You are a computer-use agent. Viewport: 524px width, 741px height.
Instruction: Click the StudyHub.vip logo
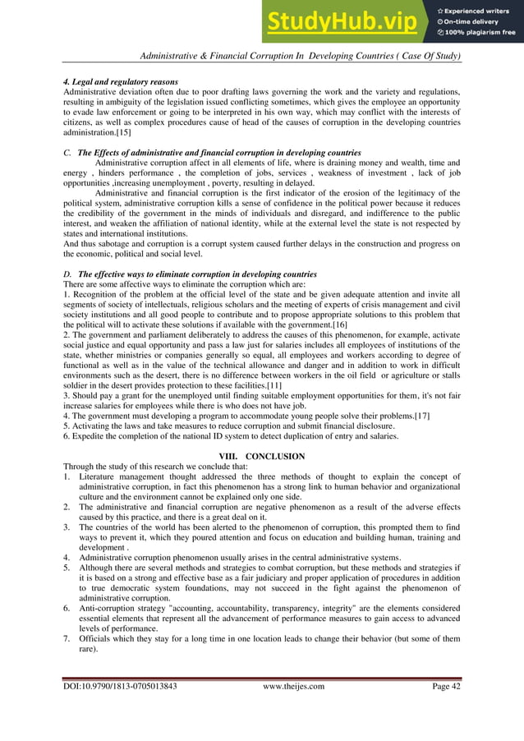(x=345, y=22)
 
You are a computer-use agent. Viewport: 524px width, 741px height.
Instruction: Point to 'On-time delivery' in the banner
(x=474, y=21)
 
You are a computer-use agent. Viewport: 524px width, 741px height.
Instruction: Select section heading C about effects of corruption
(x=212, y=154)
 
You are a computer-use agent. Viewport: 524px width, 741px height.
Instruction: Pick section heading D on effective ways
(x=191, y=274)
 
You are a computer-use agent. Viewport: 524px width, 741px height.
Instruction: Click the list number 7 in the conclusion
(x=67, y=637)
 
